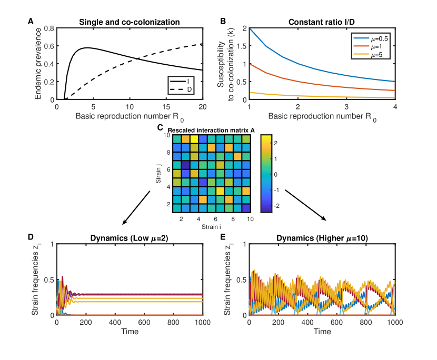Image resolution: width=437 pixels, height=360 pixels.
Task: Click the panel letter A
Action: coord(31,22)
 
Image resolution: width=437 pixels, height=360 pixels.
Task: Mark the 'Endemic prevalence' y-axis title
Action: coord(38,63)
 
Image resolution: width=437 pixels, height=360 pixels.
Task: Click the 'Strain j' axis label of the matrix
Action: coord(158,174)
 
